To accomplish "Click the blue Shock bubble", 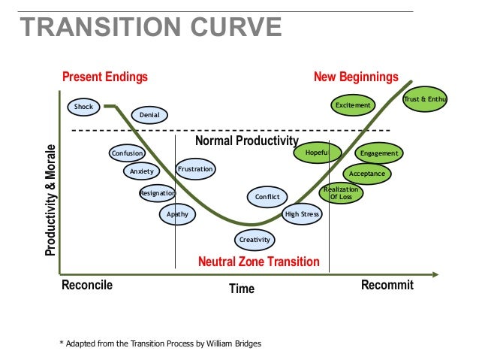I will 83,107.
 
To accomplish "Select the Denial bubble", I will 149,115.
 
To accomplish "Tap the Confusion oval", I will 127,153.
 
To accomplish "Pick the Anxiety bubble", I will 141,171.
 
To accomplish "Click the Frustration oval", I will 195,170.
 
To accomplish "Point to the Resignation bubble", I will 157,194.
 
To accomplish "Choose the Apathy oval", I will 177,215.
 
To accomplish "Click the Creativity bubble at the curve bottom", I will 254,240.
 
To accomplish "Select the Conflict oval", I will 267,197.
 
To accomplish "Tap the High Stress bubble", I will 303,215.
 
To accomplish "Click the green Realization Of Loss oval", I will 342,193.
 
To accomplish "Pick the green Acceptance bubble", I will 367,174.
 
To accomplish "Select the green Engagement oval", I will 378,154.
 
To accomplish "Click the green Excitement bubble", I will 353,105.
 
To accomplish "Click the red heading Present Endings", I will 104,77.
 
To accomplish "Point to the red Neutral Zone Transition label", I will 258,262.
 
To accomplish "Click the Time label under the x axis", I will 241,289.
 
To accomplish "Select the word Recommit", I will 387,285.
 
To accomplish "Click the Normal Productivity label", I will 246,141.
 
